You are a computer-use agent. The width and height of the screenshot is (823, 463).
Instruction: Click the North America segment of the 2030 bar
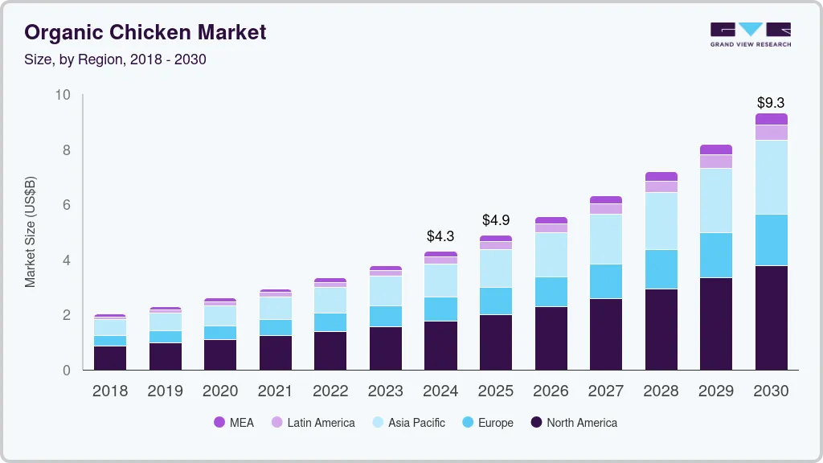[x=771, y=318]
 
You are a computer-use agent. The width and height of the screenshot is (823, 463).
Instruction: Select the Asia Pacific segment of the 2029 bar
[x=716, y=200]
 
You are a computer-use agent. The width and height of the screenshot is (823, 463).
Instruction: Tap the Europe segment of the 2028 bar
[x=661, y=269]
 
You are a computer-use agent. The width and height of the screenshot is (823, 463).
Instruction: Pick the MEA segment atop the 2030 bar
[x=771, y=119]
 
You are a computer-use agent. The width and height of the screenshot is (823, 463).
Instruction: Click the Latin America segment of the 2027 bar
[x=606, y=209]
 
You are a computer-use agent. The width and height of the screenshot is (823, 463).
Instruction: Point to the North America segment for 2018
[x=110, y=358]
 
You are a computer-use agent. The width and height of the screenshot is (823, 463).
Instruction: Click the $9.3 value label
[x=771, y=103]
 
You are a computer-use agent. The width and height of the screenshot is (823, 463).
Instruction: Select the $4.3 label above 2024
[x=440, y=236]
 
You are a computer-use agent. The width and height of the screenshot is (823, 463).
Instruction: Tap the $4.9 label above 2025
[x=496, y=220]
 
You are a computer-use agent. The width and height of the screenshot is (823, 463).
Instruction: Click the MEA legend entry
[x=234, y=422]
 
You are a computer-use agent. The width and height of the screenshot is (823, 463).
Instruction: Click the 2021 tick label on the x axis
[x=276, y=391]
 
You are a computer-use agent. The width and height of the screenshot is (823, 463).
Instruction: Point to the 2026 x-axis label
[x=551, y=391]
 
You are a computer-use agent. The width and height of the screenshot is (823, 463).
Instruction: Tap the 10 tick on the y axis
[x=62, y=96]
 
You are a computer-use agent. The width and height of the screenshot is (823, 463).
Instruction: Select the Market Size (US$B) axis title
[x=31, y=231]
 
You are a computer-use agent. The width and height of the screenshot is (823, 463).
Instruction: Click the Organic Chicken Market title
[x=145, y=33]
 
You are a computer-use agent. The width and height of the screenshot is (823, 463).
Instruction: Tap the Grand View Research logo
[x=751, y=34]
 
